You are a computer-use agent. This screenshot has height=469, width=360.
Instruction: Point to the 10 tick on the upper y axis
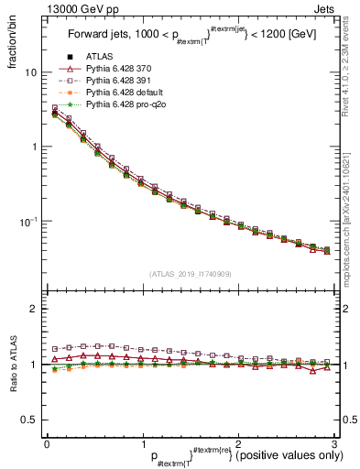pyautogui.click(x=31, y=72)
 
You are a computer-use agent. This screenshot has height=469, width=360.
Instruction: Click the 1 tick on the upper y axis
pyautogui.click(x=34, y=147)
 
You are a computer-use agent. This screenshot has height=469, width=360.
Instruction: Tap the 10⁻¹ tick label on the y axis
pyautogui.click(x=29, y=222)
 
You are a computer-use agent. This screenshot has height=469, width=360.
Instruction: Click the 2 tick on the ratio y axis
pyautogui.click(x=34, y=309)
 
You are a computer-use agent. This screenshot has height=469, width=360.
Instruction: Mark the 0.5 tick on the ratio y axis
pyautogui.click(x=30, y=420)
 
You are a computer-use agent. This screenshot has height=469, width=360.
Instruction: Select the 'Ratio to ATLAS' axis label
pyautogui.click(x=14, y=365)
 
